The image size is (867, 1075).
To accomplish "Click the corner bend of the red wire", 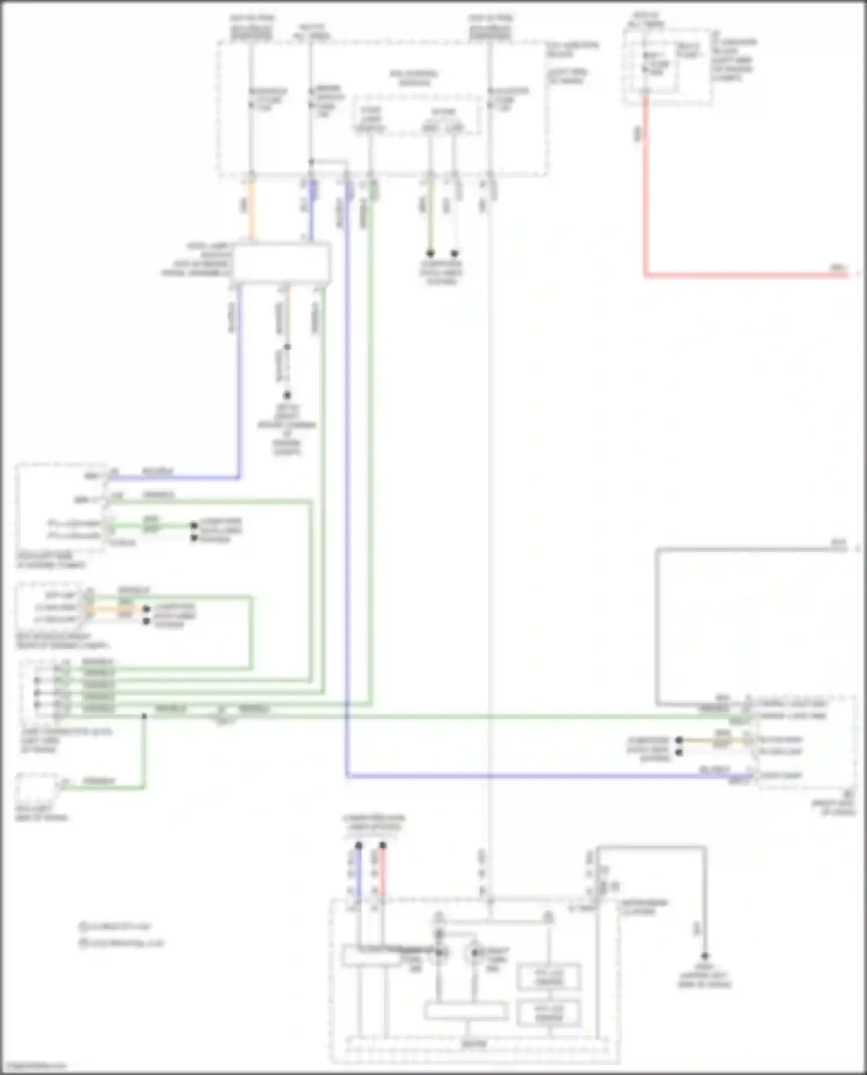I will click(646, 275).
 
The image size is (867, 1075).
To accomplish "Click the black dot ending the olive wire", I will click(430, 254).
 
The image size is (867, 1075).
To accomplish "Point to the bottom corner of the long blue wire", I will click(347, 776).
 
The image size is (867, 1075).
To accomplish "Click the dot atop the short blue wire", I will click(358, 846).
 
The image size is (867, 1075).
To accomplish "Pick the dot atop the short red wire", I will click(383, 846).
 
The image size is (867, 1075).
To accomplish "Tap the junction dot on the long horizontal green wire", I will click(144, 716).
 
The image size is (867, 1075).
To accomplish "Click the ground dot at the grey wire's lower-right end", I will click(705, 957).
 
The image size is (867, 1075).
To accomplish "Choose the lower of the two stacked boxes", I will click(549, 1013).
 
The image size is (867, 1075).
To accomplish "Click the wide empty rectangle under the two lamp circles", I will click(466, 1011).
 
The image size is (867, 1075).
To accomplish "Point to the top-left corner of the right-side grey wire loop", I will click(657, 549).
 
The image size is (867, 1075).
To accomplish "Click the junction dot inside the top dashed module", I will click(311, 161).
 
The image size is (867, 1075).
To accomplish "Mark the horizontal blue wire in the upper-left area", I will click(173, 478).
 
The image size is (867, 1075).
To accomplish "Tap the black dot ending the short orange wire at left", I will click(147, 609).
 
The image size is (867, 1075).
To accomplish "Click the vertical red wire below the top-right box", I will click(645, 185).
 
